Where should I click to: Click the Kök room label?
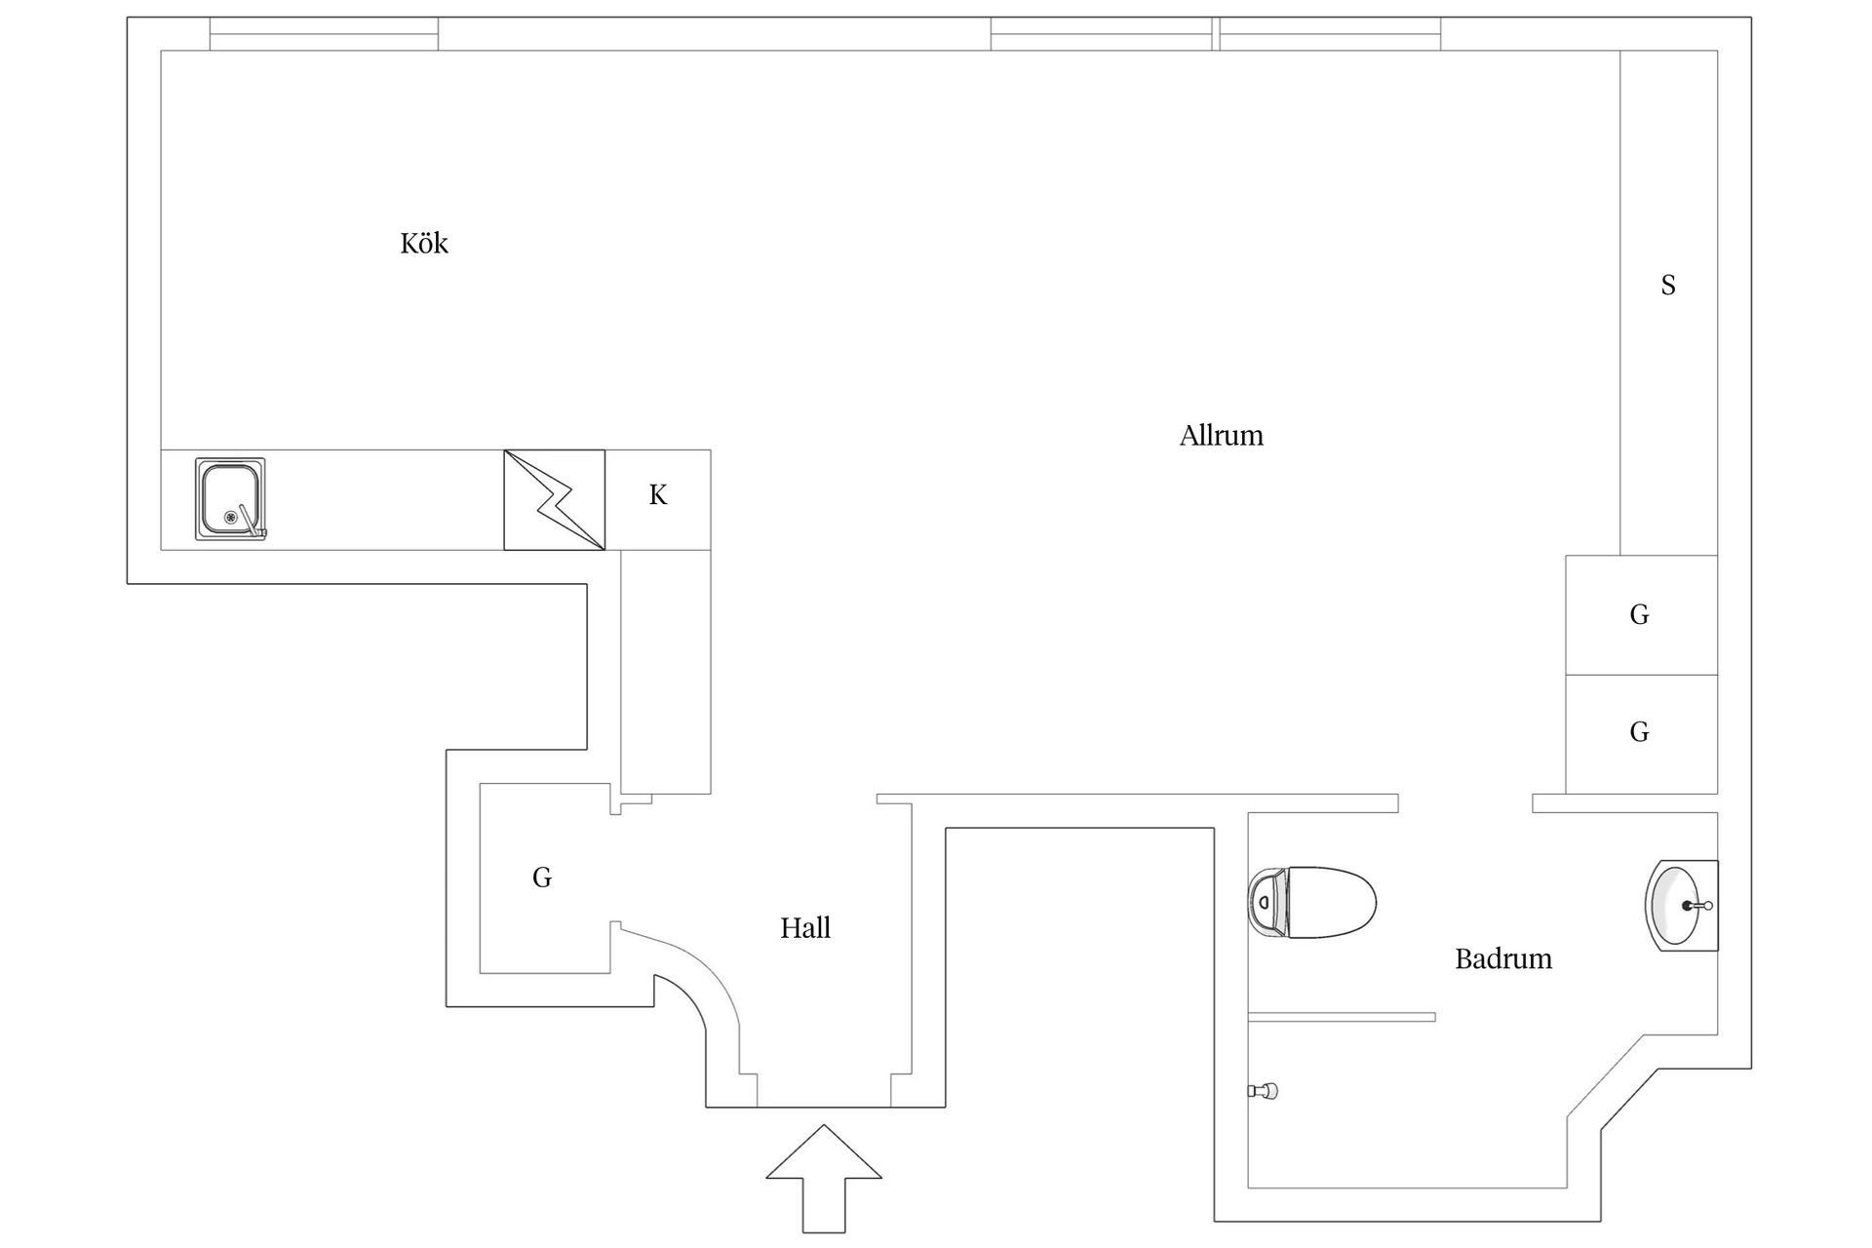click(x=424, y=243)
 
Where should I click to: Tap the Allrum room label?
click(x=1221, y=435)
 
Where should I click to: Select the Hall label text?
click(x=805, y=927)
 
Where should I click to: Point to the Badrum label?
click(x=1502, y=958)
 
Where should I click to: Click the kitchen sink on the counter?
click(x=230, y=498)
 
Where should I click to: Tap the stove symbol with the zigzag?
click(x=554, y=499)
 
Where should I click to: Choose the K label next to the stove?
click(x=658, y=495)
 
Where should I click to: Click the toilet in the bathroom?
click(x=1316, y=903)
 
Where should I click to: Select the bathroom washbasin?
click(x=1679, y=905)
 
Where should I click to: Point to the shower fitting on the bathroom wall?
click(x=1265, y=1091)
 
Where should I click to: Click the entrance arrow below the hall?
click(x=824, y=1177)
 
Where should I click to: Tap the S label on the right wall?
click(x=1668, y=285)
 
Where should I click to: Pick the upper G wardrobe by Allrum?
click(x=1640, y=614)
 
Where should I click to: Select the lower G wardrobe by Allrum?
click(x=1640, y=732)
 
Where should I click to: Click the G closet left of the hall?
click(x=542, y=877)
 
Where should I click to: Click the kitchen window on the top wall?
click(x=324, y=34)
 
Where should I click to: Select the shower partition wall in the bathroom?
click(x=1342, y=1017)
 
